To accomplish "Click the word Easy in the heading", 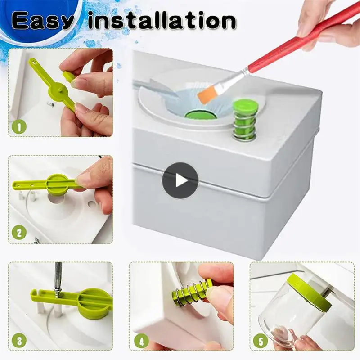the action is tap(43, 21).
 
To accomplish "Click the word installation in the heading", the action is tap(162, 21).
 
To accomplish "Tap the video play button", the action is tap(180, 181).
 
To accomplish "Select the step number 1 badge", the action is tap(19, 127).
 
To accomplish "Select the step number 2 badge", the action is tap(19, 233).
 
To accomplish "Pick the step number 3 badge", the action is tap(19, 341).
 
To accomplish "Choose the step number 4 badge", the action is tap(141, 341).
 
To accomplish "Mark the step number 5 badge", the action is tap(261, 341).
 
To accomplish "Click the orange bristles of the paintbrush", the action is tap(206, 94).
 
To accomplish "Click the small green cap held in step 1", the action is tap(69, 76).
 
